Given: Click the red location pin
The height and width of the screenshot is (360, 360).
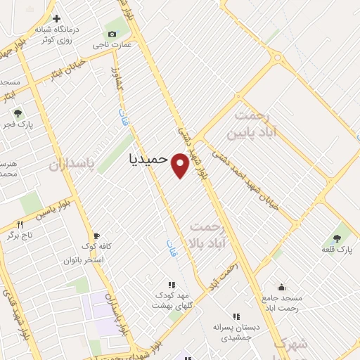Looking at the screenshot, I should pos(181,165).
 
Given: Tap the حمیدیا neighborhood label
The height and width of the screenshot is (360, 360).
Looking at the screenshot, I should pos(149,159).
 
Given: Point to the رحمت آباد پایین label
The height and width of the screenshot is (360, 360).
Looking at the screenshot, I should pos(251,124).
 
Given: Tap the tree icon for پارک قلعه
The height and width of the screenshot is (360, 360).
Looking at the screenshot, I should pos(337,238).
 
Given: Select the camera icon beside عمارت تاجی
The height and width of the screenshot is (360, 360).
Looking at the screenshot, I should pos(112,34).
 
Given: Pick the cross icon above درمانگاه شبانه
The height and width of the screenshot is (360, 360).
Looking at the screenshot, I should pos(57,20).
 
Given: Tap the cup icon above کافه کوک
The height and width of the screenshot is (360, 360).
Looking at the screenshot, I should pos(96,236).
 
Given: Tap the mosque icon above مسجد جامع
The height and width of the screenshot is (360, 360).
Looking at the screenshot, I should pos(281,287).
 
